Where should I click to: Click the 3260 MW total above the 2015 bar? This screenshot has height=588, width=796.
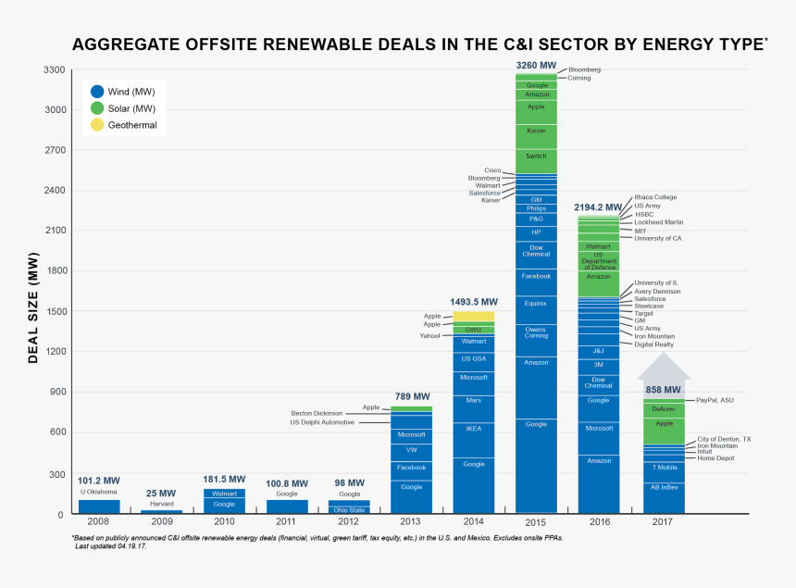[x=536, y=65]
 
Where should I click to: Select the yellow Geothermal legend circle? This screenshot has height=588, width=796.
[x=97, y=125]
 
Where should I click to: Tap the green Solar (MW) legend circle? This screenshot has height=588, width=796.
[x=97, y=108]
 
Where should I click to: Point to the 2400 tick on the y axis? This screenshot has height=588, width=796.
[x=54, y=190]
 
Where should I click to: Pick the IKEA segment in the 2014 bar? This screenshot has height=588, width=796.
[x=473, y=429]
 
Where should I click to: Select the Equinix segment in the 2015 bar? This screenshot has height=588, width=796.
[x=536, y=303]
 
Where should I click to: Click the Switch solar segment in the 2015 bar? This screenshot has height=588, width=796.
[x=536, y=156]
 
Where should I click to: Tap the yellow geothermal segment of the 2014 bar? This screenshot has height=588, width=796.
[x=473, y=317]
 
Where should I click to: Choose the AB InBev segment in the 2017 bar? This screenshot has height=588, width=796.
[x=665, y=486]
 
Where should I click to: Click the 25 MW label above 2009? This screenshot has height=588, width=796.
[x=161, y=494]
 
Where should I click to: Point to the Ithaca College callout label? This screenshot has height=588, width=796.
[x=655, y=197]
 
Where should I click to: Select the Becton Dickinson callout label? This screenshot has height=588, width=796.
[x=317, y=413]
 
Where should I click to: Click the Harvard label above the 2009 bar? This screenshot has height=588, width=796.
[x=161, y=504]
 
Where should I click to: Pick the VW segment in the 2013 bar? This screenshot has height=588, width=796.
[x=411, y=450]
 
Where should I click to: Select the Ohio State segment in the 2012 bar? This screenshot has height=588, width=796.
[x=349, y=510]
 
